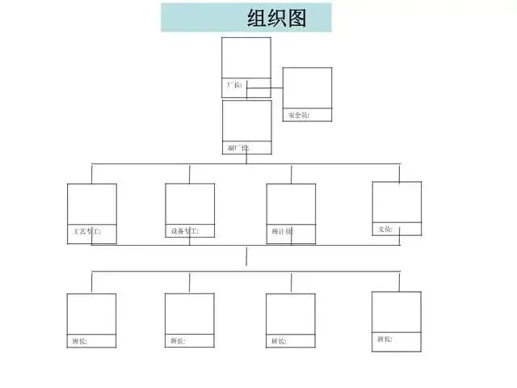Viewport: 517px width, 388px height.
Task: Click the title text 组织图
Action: [277, 18]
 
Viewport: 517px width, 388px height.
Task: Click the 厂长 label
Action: [233, 84]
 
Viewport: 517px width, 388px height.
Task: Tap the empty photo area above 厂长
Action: [246, 57]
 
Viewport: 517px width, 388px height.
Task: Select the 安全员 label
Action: [298, 116]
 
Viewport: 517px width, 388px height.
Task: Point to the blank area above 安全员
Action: [307, 87]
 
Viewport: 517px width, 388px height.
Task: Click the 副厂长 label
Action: [238, 148]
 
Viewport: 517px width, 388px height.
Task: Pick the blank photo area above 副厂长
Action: [246, 120]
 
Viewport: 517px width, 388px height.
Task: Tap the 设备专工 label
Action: [184, 231]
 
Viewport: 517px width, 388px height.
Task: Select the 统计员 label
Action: [283, 232]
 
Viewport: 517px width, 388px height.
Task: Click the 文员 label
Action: [386, 229]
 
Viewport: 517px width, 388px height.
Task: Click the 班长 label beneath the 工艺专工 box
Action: [79, 340]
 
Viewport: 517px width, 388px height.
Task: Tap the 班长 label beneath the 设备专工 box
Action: [178, 340]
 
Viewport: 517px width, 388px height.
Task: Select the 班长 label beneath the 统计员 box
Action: [279, 340]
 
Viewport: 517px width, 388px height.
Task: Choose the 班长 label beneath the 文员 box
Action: [385, 339]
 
